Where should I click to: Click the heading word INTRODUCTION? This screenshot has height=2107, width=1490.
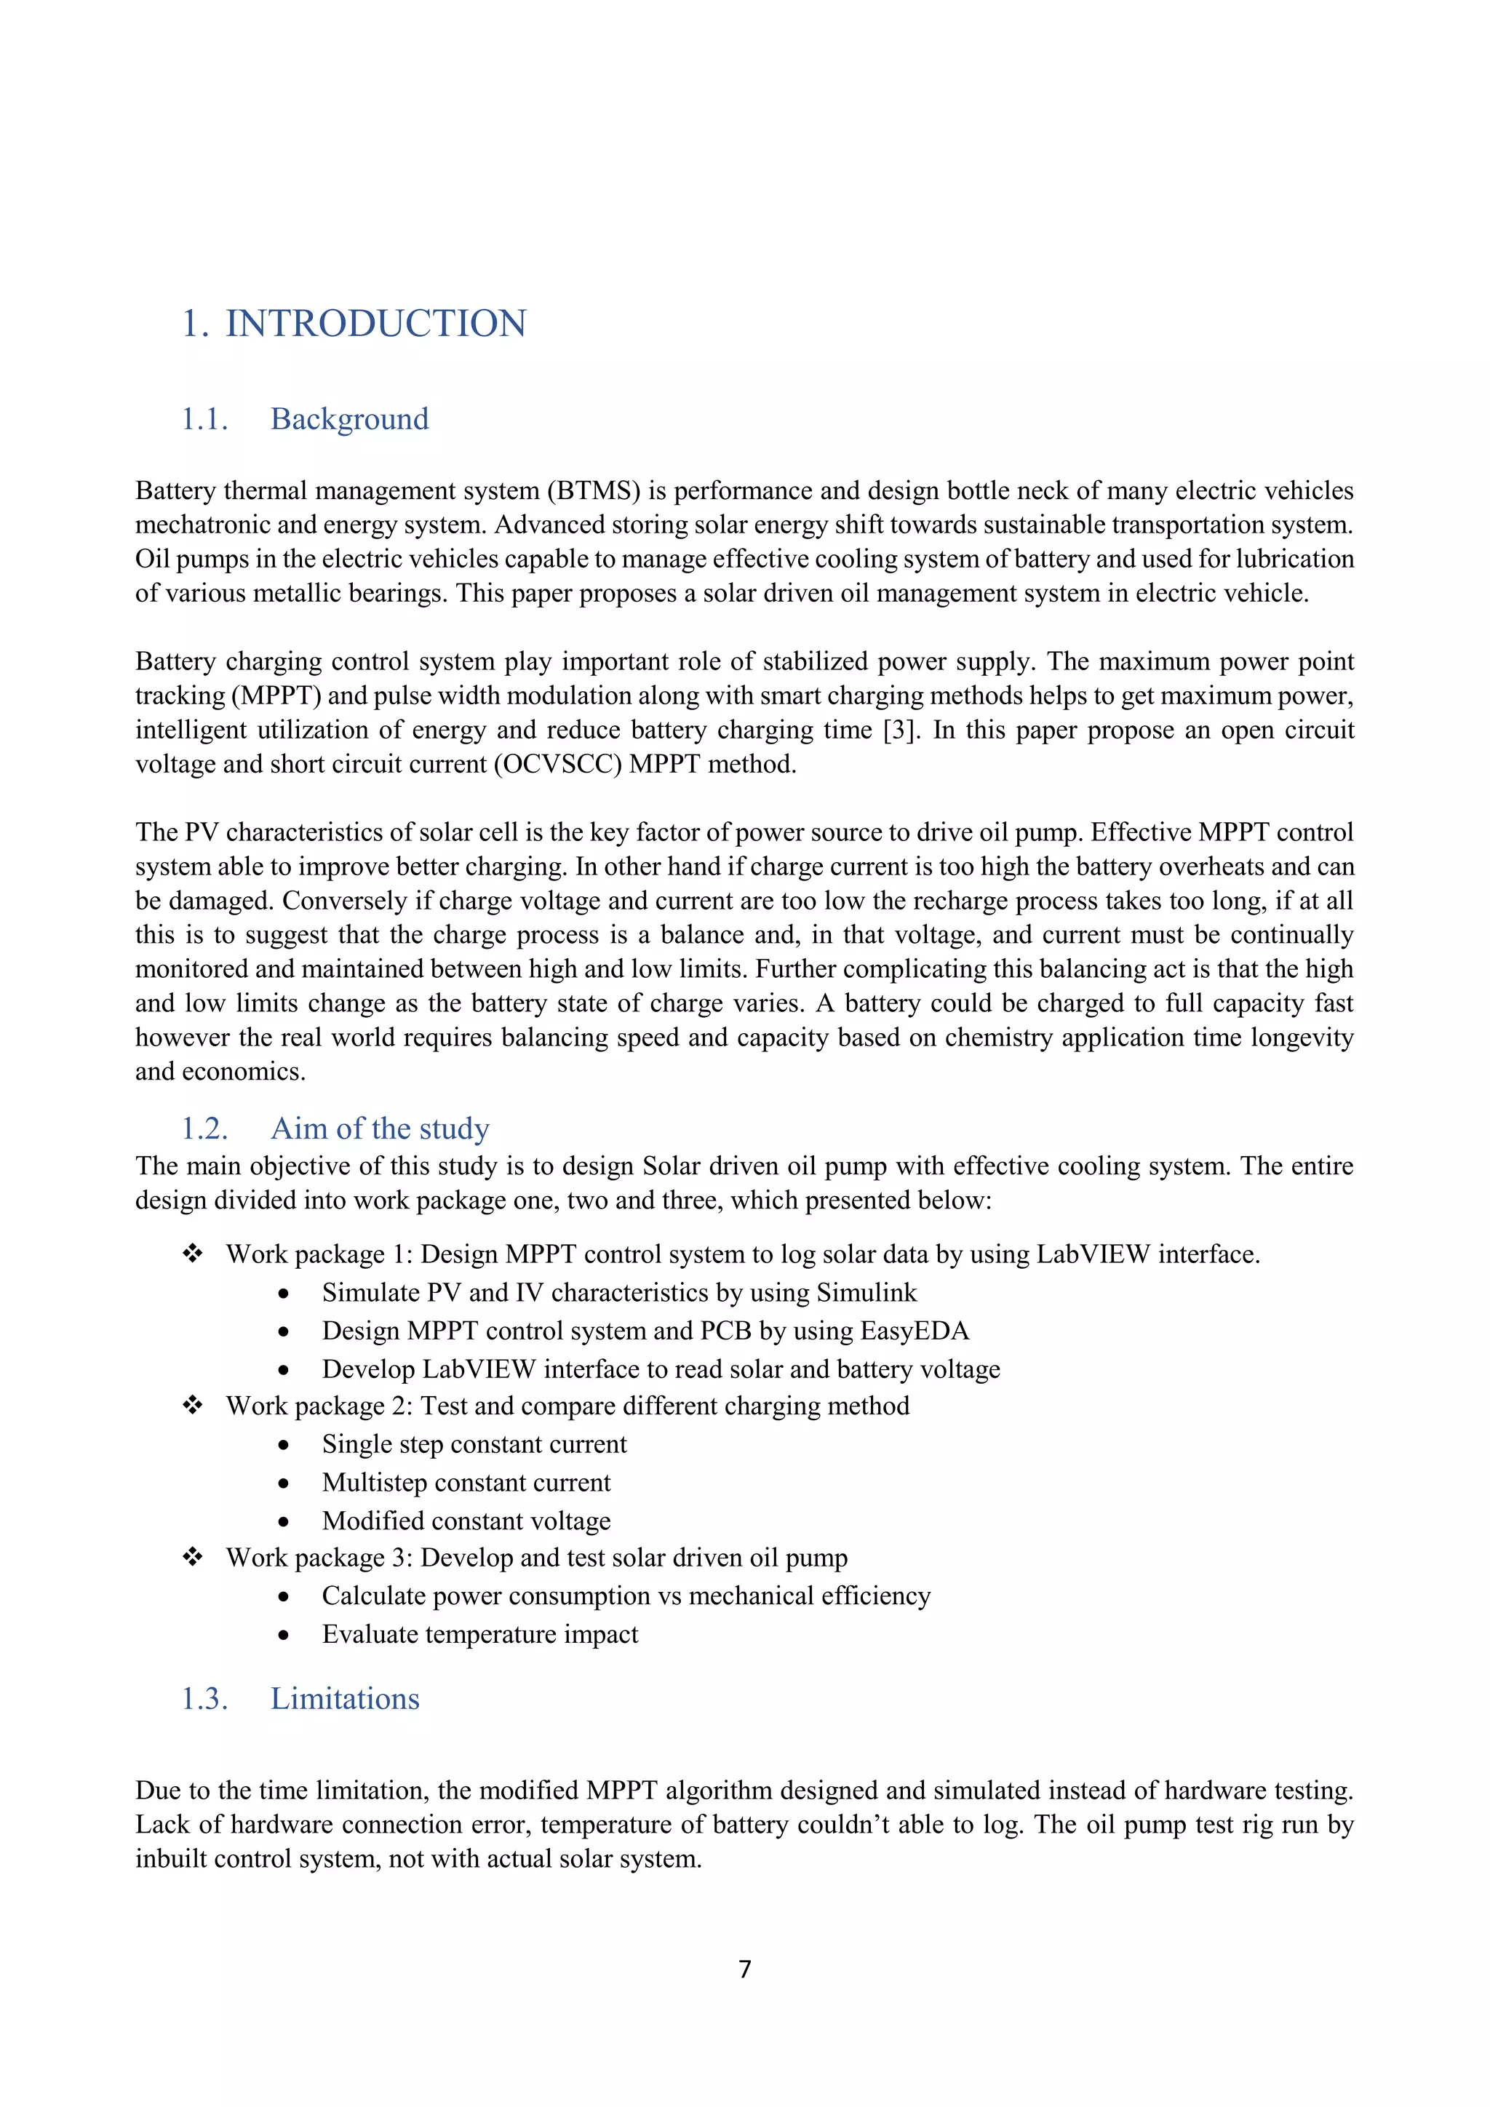pos(375,324)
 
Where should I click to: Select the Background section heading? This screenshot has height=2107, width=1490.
pos(348,419)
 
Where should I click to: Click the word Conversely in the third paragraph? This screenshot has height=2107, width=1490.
pos(344,901)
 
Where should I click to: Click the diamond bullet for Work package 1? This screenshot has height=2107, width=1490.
pos(193,1254)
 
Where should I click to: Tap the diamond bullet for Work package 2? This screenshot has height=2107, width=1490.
pos(193,1405)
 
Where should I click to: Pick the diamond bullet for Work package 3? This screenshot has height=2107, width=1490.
pos(193,1556)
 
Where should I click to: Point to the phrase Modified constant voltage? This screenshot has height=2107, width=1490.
pos(466,1521)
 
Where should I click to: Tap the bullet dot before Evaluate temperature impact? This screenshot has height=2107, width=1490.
pos(284,1636)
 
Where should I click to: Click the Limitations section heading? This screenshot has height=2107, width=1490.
pos(344,1699)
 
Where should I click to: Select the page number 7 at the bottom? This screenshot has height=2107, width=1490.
pos(745,1969)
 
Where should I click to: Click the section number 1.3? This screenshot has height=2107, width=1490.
pos(204,1699)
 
